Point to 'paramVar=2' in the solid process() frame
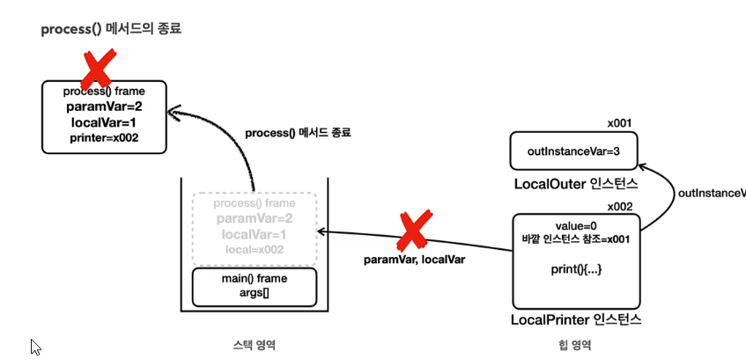104,107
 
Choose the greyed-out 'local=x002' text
254,250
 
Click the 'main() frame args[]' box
254,286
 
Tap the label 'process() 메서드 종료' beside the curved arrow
298,132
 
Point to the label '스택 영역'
254,344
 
